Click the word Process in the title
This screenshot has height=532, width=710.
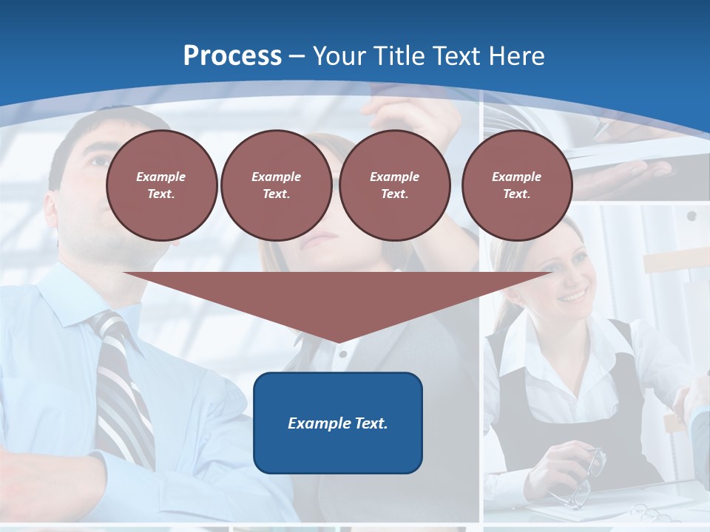232,56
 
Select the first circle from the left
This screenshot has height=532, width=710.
161,185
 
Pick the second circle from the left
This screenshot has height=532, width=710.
276,185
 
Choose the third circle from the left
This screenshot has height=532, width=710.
394,185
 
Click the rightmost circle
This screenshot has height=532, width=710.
516,185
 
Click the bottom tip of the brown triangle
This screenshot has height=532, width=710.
338,341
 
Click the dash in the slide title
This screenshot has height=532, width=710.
297,56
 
